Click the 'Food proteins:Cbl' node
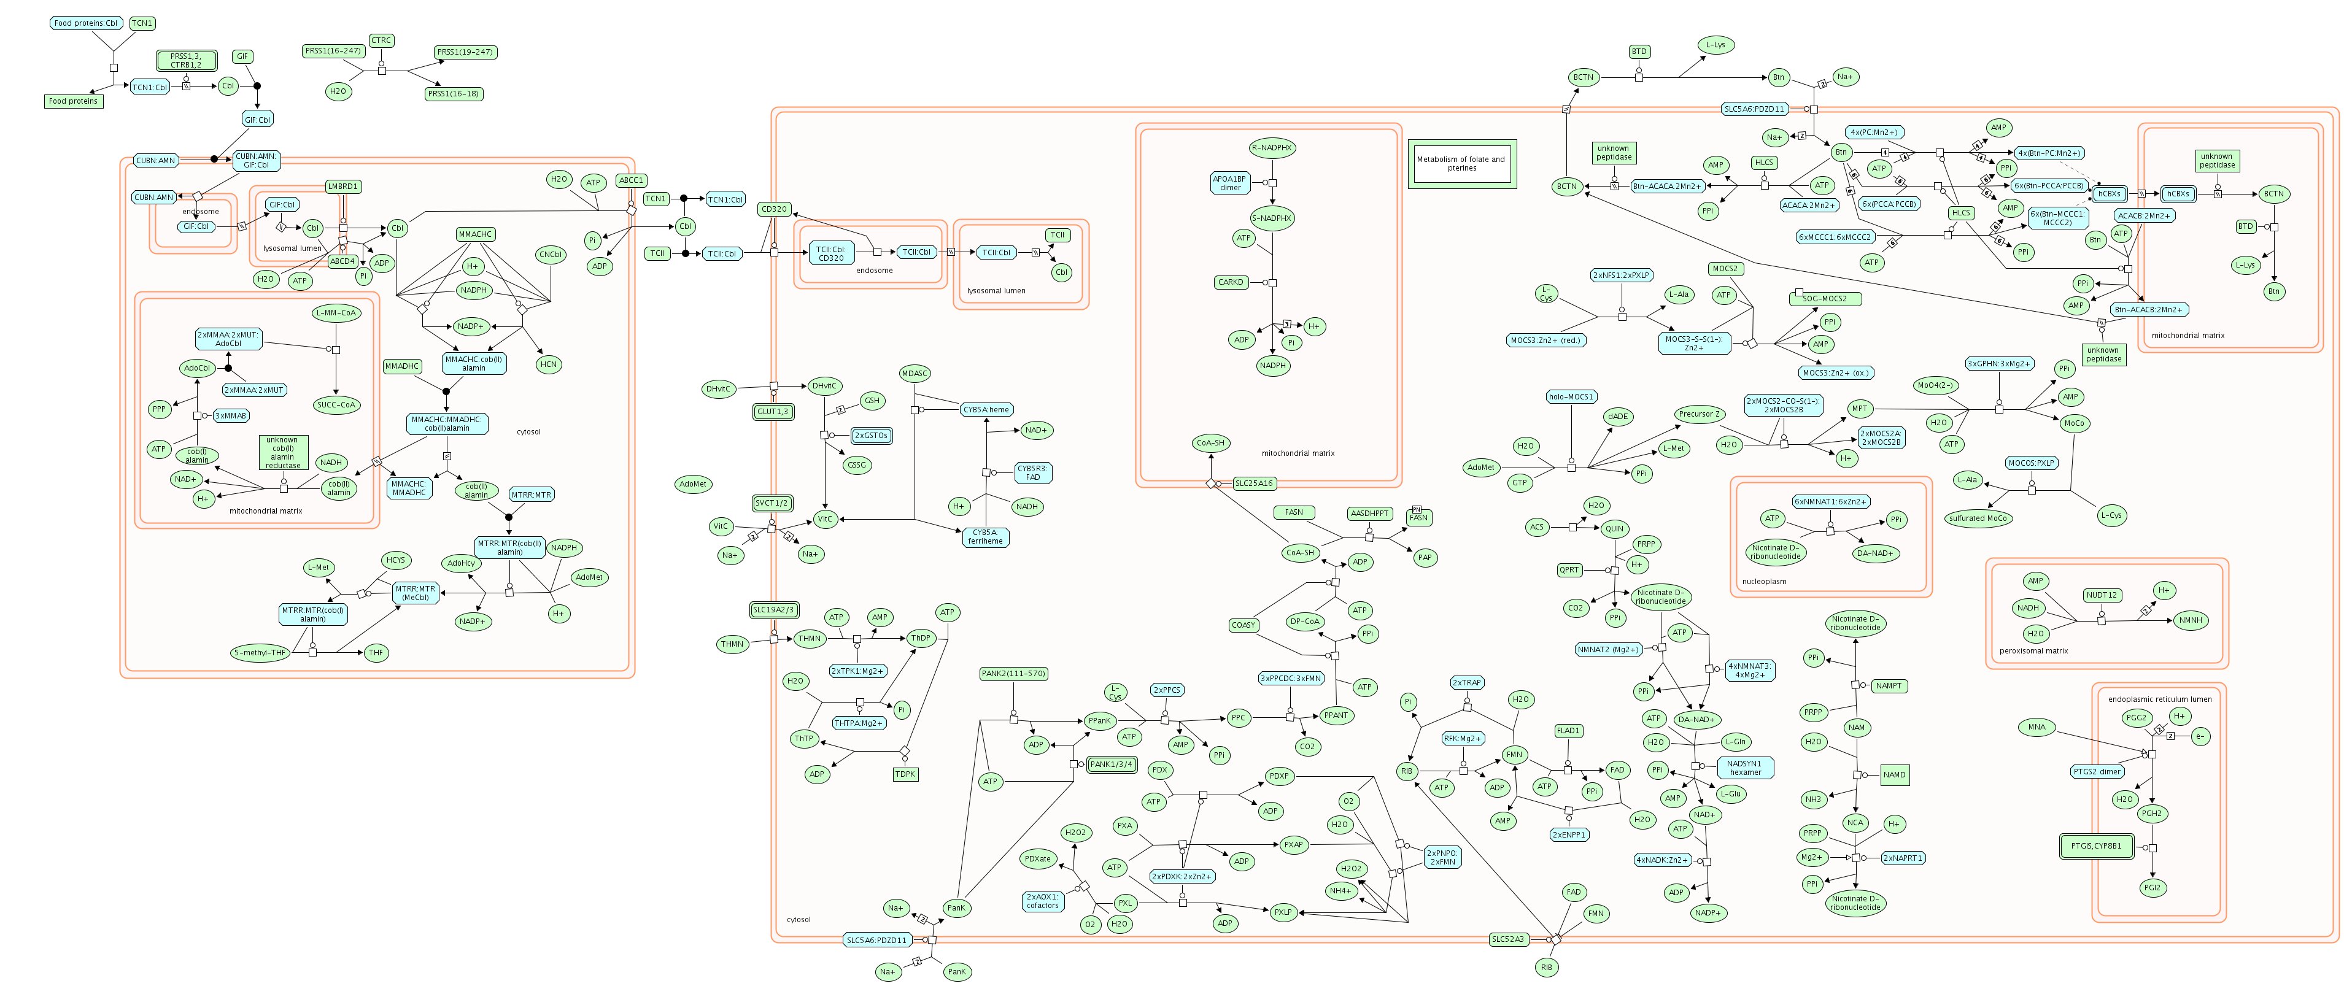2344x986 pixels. pyautogui.click(x=85, y=23)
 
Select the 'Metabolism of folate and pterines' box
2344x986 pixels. pyautogui.click(x=1461, y=164)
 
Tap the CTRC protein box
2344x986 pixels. pyautogui.click(x=381, y=40)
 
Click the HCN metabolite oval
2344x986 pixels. pyautogui.click(x=547, y=364)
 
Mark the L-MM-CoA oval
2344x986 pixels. pyautogui.click(x=336, y=313)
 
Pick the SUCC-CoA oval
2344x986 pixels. pyautogui.click(x=336, y=405)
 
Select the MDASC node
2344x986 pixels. pyautogui.click(x=915, y=373)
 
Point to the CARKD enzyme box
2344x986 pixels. pyautogui.click(x=1230, y=282)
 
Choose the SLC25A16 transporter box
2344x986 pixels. pyautogui.click(x=1254, y=483)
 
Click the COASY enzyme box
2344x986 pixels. pyautogui.click(x=1243, y=625)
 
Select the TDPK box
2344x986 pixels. pyautogui.click(x=905, y=774)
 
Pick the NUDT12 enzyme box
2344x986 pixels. pyautogui.click(x=2101, y=595)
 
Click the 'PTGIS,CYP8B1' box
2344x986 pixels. pyautogui.click(x=2095, y=846)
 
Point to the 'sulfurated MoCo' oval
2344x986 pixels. pyautogui.click(x=1978, y=518)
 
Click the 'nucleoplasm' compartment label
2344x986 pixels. pyautogui.click(x=1763, y=581)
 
